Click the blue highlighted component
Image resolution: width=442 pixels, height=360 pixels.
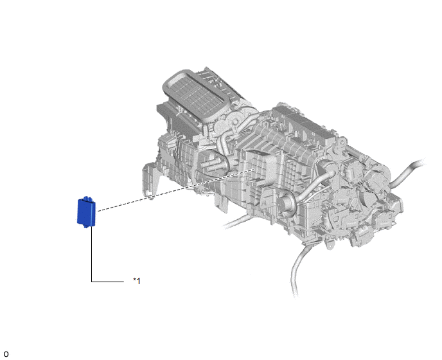[86, 212]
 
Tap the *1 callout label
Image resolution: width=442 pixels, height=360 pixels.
[137, 281]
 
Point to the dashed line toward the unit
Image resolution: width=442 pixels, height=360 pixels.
[175, 190]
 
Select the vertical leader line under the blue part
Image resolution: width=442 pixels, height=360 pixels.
[92, 254]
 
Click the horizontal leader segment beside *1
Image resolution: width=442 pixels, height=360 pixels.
[108, 282]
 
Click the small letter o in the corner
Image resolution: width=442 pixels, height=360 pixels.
[6, 354]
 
